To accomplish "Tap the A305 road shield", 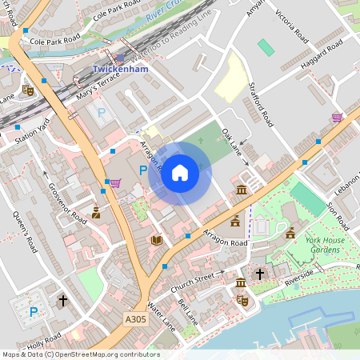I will pos(136,319).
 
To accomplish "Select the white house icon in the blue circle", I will pos(180,172).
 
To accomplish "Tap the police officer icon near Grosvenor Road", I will pos(96,213).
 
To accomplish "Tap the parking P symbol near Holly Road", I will pos(34,312).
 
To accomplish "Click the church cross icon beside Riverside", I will pos(259,274).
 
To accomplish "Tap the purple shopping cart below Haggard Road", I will pos(337,118).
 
